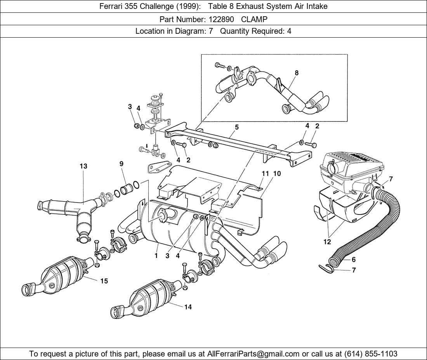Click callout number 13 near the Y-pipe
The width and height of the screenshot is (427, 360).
[83, 166]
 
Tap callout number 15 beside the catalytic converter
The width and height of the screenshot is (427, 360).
[104, 281]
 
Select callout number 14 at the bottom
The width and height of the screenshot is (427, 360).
[188, 307]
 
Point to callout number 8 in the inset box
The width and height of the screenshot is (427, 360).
[297, 73]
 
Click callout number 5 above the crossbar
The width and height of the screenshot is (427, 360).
[237, 127]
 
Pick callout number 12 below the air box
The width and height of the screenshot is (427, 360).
[327, 242]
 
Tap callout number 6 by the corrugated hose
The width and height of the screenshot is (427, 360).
[354, 259]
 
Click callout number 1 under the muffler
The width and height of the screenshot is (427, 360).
[156, 256]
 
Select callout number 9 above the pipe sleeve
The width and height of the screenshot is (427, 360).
[122, 164]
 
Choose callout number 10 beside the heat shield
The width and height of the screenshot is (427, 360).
[277, 173]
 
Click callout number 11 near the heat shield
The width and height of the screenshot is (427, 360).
[266, 173]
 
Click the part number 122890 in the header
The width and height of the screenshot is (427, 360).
[221, 19]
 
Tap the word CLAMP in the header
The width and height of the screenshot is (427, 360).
[254, 19]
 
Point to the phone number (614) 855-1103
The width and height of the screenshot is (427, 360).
[371, 354]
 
